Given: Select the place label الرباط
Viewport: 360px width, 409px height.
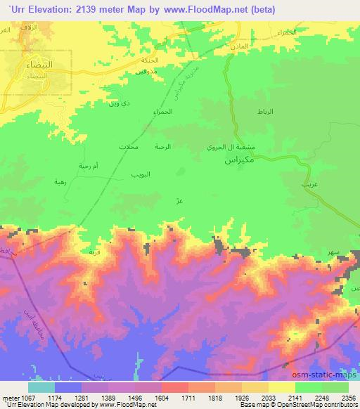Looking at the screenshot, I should coord(262,112).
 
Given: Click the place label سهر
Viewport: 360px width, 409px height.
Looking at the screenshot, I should coord(326,250).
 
